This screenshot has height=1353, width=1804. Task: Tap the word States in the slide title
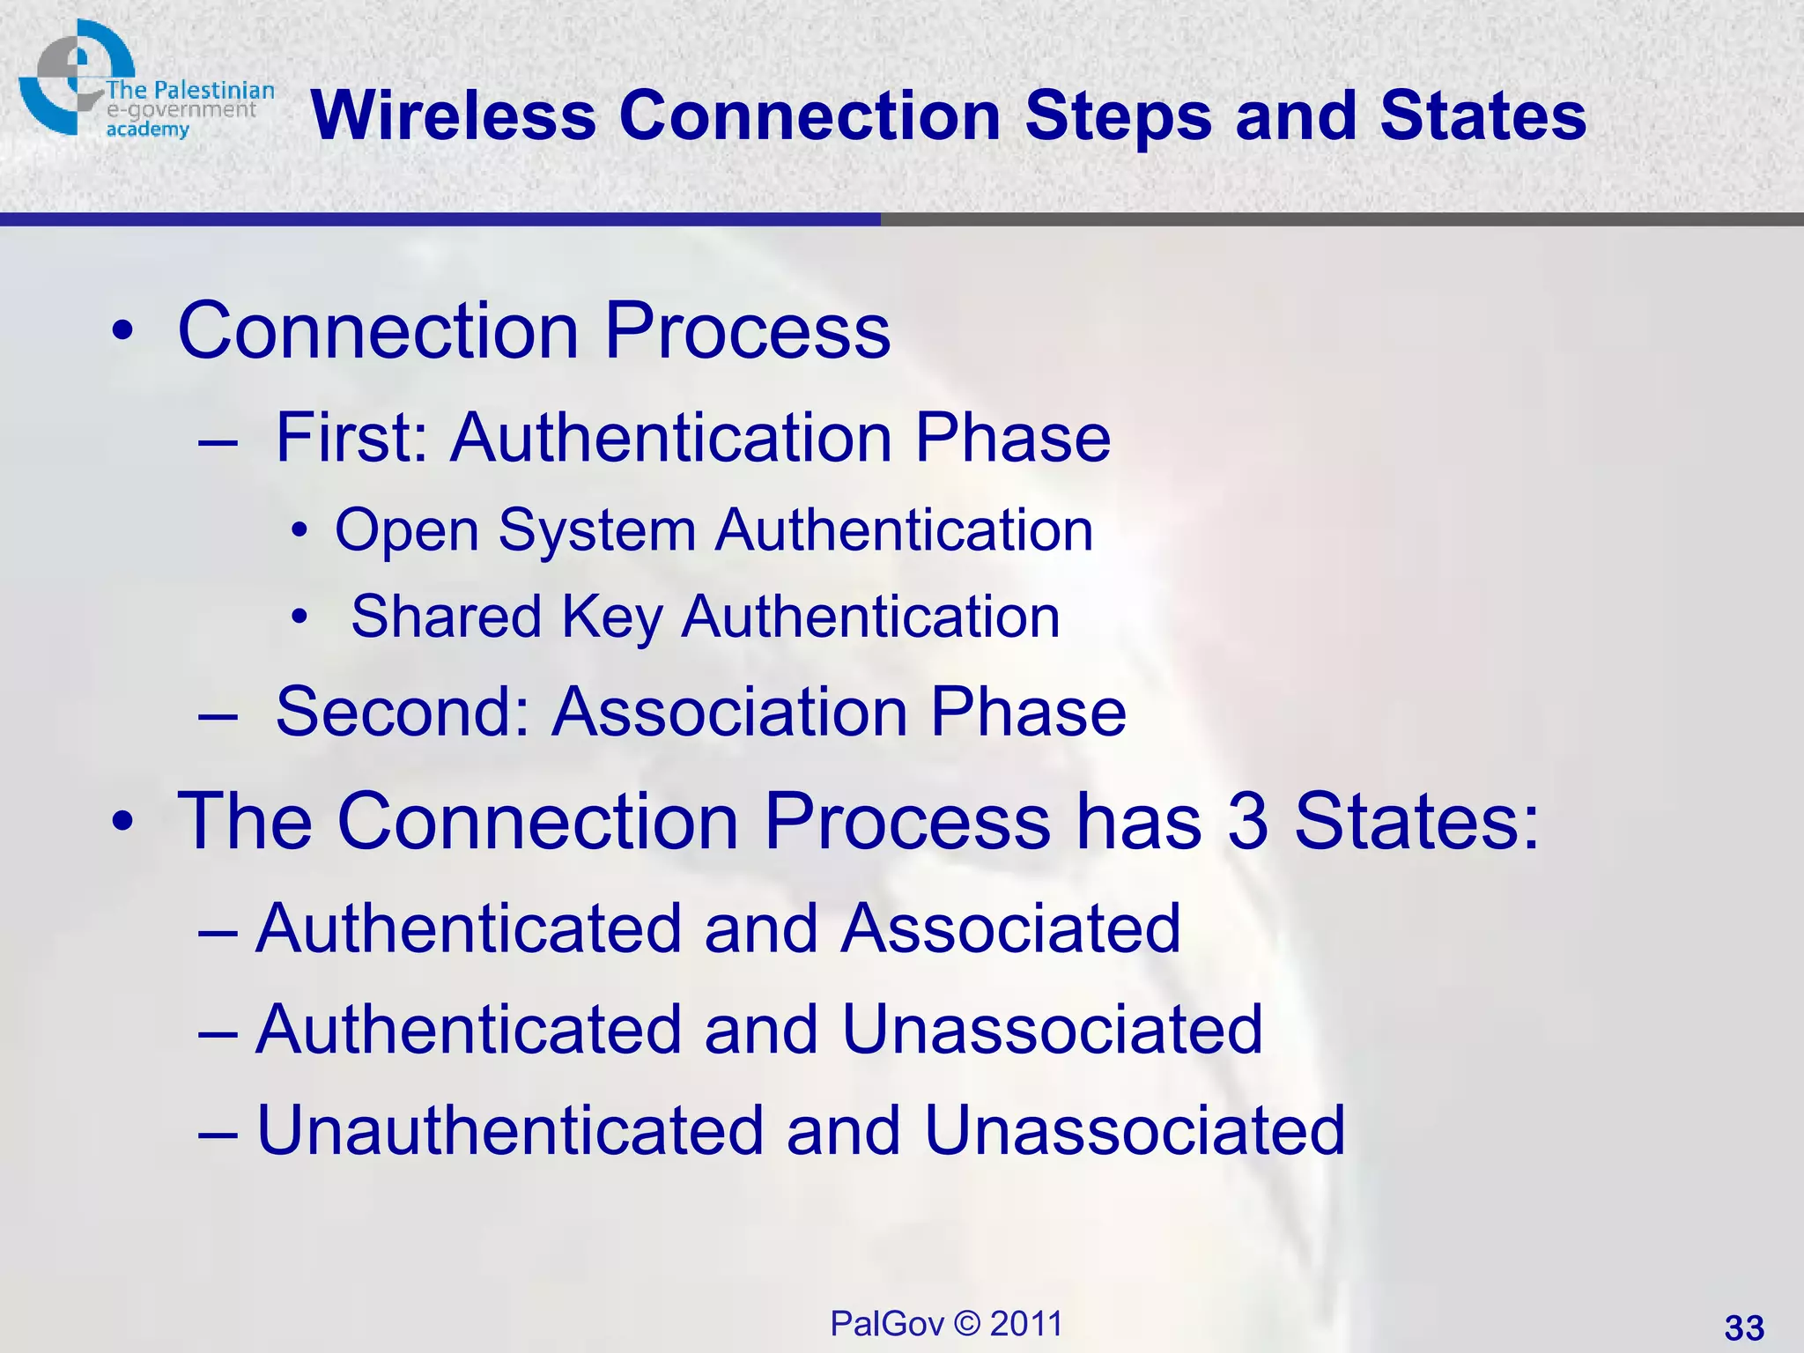1483,115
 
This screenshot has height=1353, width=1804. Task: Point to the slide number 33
1744,1327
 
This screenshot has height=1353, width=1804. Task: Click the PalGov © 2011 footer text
946,1324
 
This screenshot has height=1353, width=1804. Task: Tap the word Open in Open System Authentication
406,531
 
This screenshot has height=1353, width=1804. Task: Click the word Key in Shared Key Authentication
611,617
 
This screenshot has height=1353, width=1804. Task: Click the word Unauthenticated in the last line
510,1130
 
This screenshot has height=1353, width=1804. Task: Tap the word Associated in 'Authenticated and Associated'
1009,928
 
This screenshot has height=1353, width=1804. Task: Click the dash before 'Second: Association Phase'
218,713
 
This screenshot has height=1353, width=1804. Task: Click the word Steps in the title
1118,117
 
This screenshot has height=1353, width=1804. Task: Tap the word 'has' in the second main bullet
1139,821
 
